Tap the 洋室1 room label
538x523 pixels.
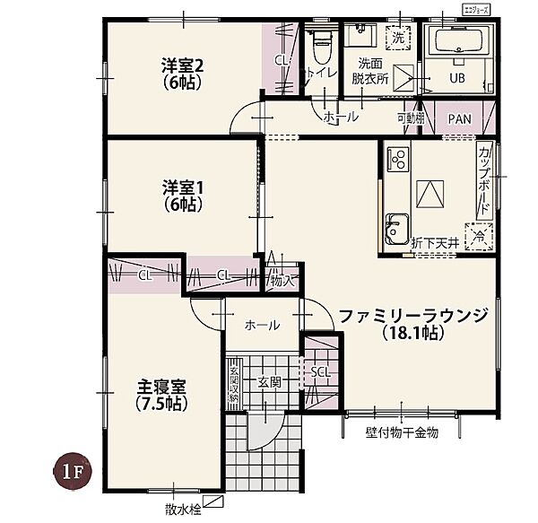tap(183, 196)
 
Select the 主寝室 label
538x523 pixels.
tap(161, 395)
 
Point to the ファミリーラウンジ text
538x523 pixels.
tap(412, 315)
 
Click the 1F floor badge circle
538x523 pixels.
tap(71, 471)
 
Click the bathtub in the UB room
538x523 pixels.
tap(457, 41)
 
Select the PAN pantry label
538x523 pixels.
tap(459, 118)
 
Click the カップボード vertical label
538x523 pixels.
tap(484, 179)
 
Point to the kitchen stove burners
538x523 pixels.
tap(397, 161)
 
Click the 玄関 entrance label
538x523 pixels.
tap(270, 382)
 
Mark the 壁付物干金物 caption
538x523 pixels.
tap(401, 432)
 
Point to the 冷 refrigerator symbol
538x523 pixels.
tap(479, 236)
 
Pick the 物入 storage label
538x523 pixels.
tap(282, 281)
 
